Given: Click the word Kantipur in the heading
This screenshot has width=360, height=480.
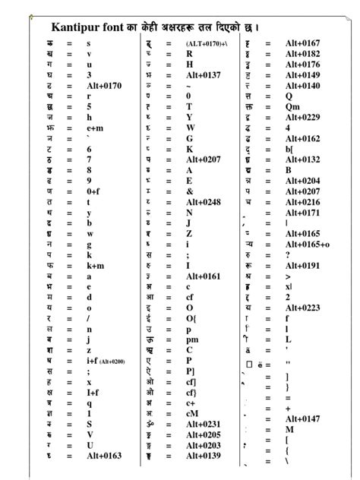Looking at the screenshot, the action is (79, 27).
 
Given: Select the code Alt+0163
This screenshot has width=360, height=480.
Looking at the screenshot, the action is (104, 456).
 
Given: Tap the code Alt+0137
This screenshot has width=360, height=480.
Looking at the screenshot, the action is (203, 75).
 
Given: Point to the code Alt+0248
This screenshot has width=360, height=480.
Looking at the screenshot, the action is (203, 202).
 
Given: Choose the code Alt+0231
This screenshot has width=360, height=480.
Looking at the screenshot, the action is (203, 424).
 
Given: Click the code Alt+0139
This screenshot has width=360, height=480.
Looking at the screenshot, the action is (203, 456).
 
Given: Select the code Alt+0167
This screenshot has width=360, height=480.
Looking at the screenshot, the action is (302, 43).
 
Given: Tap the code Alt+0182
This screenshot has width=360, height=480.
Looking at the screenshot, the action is (302, 54).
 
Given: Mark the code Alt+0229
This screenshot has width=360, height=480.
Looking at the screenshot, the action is (302, 117).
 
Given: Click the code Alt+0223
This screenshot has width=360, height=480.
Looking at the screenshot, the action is (302, 308).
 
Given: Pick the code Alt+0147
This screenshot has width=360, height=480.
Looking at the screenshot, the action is (302, 418).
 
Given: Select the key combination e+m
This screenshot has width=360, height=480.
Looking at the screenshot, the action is (95, 128).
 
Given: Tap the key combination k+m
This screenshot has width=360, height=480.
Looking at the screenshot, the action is (95, 266).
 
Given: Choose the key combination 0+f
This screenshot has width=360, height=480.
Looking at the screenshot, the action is (93, 191).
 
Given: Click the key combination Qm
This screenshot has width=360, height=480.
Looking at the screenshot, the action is (292, 107).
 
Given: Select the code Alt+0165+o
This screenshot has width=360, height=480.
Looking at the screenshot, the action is (307, 244).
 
